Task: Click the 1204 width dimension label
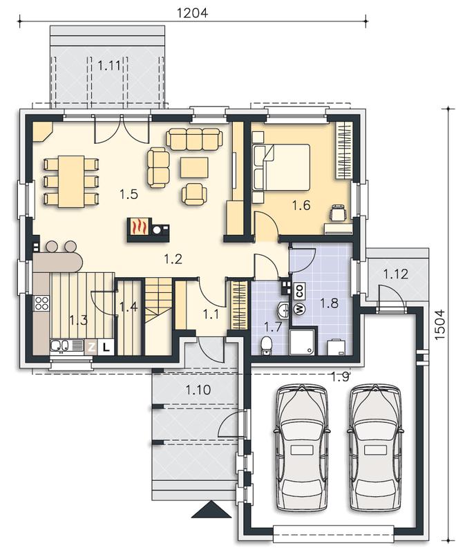click(192, 13)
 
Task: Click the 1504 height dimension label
click(440, 325)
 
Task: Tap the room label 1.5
click(129, 195)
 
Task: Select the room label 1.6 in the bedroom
click(301, 205)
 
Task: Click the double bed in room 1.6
click(281, 167)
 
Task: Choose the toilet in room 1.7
click(266, 345)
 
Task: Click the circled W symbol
click(298, 309)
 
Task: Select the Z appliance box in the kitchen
click(91, 348)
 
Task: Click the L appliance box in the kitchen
click(106, 348)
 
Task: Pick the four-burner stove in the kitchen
click(41, 303)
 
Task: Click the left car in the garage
click(301, 448)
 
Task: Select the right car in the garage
click(375, 448)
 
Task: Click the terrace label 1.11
click(108, 66)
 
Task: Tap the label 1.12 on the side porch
click(395, 274)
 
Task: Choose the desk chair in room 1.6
click(339, 214)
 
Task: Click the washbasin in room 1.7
click(283, 310)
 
